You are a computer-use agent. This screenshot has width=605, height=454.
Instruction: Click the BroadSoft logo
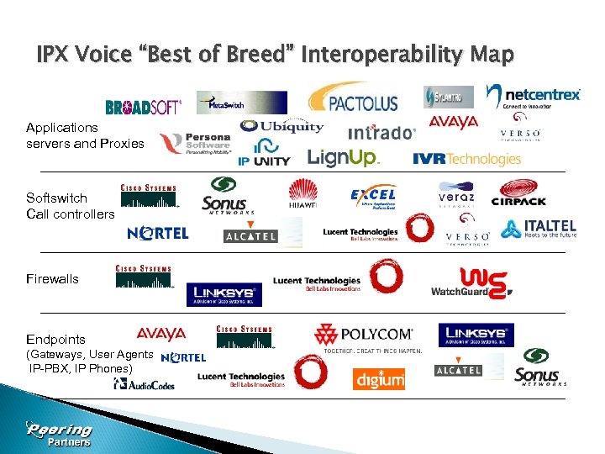click(x=144, y=107)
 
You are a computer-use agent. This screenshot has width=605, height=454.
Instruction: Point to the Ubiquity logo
click(x=281, y=127)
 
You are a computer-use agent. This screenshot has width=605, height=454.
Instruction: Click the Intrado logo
click(x=381, y=133)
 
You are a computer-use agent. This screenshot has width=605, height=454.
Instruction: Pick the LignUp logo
click(x=344, y=157)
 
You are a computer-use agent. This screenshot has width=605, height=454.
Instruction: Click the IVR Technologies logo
click(x=466, y=159)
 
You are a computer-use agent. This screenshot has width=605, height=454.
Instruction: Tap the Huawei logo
click(x=303, y=197)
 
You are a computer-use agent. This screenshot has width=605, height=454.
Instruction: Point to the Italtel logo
click(x=539, y=229)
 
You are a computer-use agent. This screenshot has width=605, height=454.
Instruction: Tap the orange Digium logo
click(x=379, y=378)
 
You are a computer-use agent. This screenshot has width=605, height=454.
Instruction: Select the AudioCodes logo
click(x=145, y=385)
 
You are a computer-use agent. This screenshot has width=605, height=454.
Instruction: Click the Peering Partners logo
click(x=59, y=433)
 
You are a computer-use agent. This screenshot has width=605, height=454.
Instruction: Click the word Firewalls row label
click(x=52, y=278)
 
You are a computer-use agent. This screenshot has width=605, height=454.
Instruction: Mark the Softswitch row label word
click(x=56, y=198)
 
